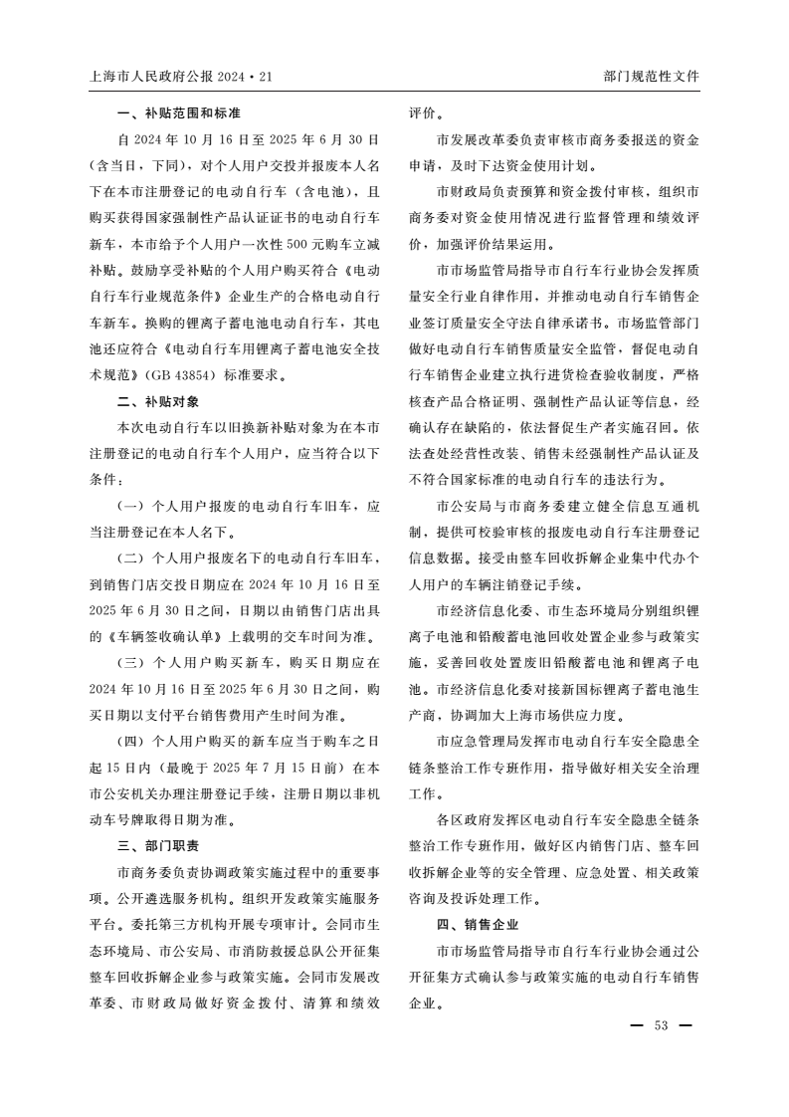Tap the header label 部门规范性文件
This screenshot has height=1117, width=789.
pos(652,77)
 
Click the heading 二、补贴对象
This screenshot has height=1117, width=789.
pos(158,402)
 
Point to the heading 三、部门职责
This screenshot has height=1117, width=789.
pos(158,846)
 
